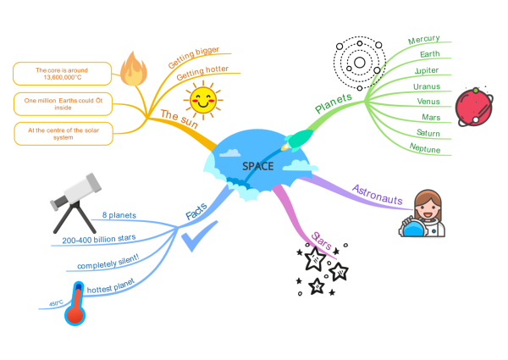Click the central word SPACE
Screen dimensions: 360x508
coord(257,166)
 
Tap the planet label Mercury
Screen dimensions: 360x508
coord(423,40)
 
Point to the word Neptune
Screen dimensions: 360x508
coord(424,148)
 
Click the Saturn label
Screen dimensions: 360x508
coord(428,133)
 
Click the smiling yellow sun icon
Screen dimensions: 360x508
coord(203,100)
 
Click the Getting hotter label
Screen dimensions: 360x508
coord(203,74)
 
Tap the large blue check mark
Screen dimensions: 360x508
coord(199,238)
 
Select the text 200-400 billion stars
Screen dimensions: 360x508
coord(99,240)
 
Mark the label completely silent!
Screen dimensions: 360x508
coord(108,266)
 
